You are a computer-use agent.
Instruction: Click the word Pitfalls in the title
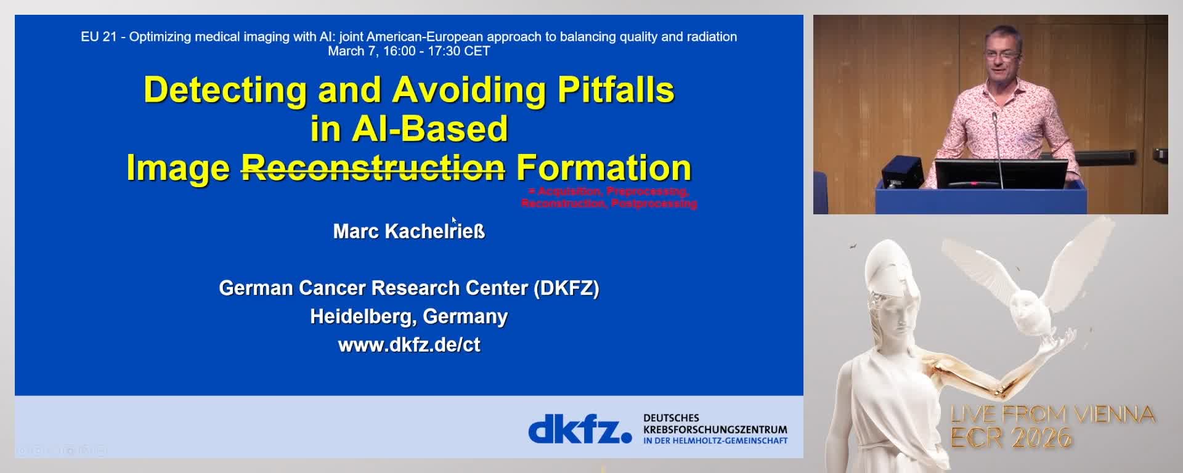click(x=616, y=90)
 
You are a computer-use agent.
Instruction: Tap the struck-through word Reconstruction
click(x=373, y=168)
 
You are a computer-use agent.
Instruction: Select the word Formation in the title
click(x=604, y=168)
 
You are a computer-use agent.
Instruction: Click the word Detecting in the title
click(x=225, y=90)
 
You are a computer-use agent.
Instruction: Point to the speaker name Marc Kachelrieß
click(x=409, y=232)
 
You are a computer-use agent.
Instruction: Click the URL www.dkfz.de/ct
click(x=409, y=344)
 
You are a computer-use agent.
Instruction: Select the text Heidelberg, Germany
click(x=409, y=316)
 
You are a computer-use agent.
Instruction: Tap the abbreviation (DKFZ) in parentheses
click(x=566, y=288)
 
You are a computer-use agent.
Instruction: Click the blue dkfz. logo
click(x=580, y=429)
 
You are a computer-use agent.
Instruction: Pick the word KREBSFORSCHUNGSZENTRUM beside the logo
click(x=715, y=429)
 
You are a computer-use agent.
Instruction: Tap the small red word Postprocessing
click(x=654, y=203)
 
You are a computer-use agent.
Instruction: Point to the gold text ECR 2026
click(x=1010, y=438)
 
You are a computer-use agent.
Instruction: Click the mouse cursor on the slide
click(x=453, y=219)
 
